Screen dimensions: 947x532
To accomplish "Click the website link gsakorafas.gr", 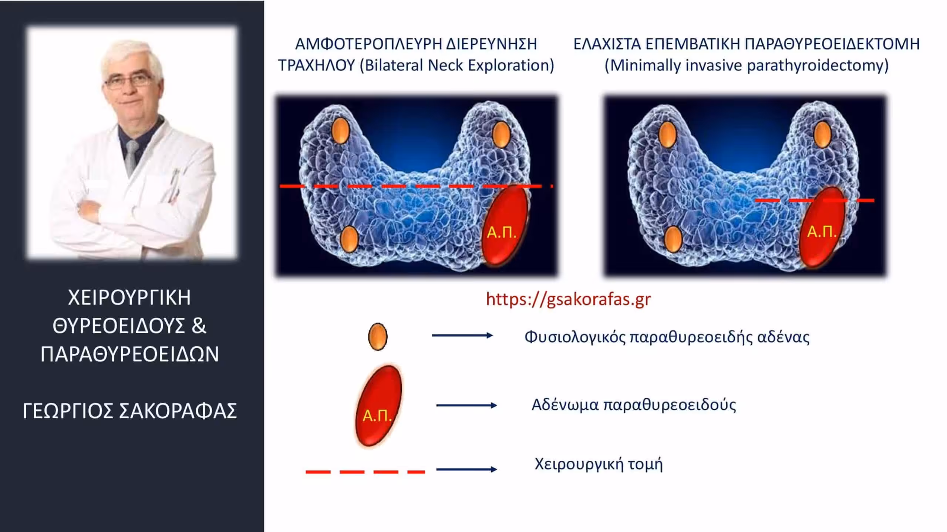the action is click(568, 299).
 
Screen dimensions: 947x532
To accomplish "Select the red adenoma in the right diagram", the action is click(822, 227).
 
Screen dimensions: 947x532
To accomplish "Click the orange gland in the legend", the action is click(378, 336).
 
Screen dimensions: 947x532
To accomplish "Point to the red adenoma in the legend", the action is click(378, 406).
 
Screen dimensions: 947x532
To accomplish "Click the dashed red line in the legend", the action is click(365, 472).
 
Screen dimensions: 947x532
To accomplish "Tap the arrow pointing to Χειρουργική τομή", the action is click(466, 469).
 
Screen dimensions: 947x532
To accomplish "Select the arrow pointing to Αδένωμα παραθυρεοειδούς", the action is click(466, 405).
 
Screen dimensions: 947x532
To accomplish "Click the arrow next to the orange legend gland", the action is click(462, 335).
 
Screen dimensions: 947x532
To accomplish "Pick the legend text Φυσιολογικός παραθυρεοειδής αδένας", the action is click(667, 337).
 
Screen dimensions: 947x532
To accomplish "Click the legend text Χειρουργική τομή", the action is click(599, 464).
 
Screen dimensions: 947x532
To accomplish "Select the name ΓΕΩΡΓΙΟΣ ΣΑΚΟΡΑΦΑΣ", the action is click(130, 411).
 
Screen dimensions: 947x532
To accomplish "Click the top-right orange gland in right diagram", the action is click(822, 135).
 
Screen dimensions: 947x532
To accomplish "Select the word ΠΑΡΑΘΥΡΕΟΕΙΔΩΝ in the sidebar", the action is click(130, 354).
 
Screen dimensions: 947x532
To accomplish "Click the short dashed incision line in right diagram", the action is click(815, 200).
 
